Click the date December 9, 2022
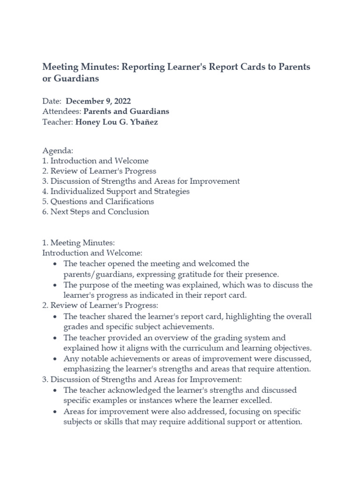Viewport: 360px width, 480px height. coord(98,101)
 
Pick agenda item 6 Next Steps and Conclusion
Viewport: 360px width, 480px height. coord(96,211)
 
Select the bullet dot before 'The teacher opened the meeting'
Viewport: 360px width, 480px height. coord(56,264)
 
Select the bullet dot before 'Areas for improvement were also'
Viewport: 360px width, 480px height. coord(56,412)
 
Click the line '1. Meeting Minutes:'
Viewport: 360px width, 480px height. coord(79,242)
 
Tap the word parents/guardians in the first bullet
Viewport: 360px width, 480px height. coord(96,274)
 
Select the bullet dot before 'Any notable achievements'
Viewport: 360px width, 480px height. coord(56,359)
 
